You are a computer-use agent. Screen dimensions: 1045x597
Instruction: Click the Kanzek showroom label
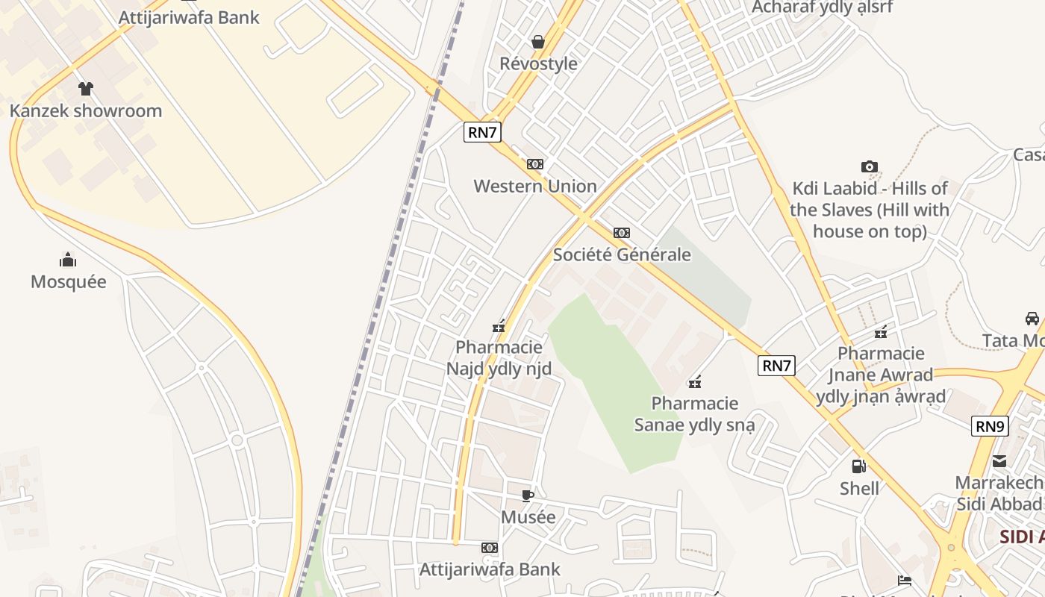tap(86, 111)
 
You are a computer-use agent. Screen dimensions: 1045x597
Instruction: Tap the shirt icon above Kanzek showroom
tap(86, 89)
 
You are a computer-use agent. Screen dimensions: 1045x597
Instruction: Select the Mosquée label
tap(69, 282)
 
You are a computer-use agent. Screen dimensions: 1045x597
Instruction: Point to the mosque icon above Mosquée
tap(68, 260)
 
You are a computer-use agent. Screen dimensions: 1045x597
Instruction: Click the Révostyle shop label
tap(538, 63)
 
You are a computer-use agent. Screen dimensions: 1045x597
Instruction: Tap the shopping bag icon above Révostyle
tap(537, 42)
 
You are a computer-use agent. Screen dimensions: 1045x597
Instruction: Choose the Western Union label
tap(535, 186)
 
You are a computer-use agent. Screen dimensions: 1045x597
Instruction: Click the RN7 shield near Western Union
tap(482, 133)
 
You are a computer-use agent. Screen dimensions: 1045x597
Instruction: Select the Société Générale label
tap(622, 254)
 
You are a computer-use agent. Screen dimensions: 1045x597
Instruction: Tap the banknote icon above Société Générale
tap(622, 233)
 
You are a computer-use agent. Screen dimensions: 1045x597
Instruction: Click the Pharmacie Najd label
tap(499, 357)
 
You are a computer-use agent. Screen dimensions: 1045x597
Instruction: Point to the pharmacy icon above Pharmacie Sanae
tap(695, 382)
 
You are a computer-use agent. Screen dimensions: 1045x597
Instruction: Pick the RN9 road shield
tap(990, 427)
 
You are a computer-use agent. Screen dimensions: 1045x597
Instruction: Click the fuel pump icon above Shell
tap(859, 466)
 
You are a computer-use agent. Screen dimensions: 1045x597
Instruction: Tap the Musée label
tap(528, 517)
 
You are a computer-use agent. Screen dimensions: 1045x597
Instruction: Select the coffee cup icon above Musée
tap(528, 496)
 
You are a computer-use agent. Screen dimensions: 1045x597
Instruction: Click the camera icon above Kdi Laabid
tap(870, 166)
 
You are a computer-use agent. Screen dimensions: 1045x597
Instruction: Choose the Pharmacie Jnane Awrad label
tap(881, 375)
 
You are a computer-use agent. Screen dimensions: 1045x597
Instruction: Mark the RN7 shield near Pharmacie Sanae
tap(776, 366)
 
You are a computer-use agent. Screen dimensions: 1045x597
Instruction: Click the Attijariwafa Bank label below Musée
tap(490, 569)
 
